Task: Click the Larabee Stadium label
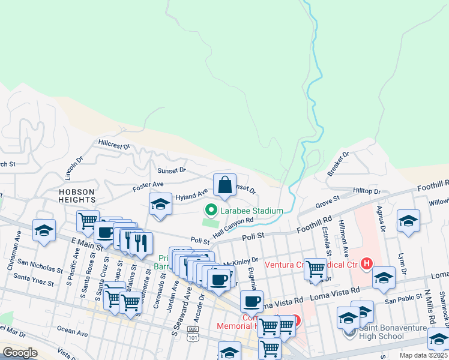pyautogui.click(x=251, y=211)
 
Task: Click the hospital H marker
pyautogui.click(x=366, y=263)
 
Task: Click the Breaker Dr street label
pyautogui.click(x=338, y=164)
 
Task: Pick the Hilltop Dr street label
pyautogui.click(x=367, y=191)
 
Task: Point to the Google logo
pyautogui.click(x=20, y=352)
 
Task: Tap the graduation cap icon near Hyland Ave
pyautogui.click(x=161, y=205)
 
